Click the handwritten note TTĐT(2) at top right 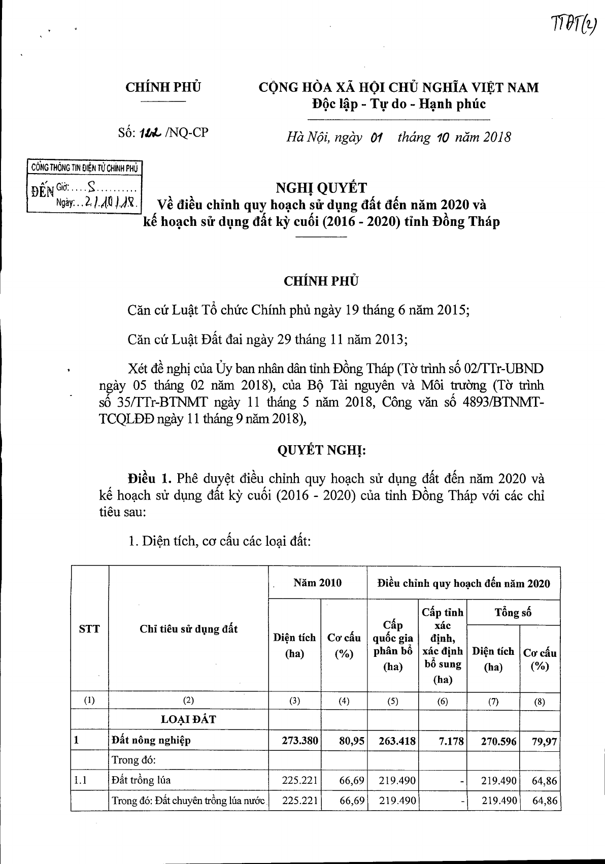pos(573,23)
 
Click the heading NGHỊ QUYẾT pos(321,188)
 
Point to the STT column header pos(90,629)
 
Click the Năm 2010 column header pos(318,583)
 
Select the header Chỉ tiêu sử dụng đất pos(188,629)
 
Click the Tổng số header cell pos(513,612)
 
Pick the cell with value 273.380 pos(300,741)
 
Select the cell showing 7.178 pos(451,741)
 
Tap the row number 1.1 pos(80,780)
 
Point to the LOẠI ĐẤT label pos(188,719)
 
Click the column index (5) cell pos(392,701)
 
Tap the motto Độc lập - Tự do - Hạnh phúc pos(398,104)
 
